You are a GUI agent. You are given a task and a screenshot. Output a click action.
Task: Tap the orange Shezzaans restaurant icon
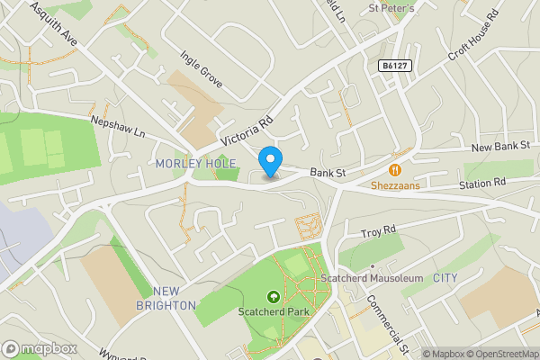[x=394, y=169]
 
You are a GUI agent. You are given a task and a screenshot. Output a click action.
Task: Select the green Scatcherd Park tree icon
[x=273, y=297]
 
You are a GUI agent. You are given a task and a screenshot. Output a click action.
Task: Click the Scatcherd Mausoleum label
[x=372, y=279]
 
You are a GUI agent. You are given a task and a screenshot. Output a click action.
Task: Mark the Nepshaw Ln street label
[x=117, y=124]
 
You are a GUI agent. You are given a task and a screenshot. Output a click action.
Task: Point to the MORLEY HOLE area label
[x=195, y=163]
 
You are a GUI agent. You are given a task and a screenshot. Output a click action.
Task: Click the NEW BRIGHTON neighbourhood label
[x=174, y=298]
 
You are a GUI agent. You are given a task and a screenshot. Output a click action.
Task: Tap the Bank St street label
[x=328, y=172]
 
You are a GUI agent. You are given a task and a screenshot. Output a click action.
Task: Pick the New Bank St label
[x=502, y=145]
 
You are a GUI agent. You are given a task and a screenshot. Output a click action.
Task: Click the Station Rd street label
[x=482, y=183]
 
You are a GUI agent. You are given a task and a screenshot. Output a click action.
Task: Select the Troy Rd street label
[x=378, y=232]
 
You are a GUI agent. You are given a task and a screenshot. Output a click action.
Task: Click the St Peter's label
[x=391, y=8]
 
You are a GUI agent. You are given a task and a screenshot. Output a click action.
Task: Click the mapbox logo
[x=40, y=348]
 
